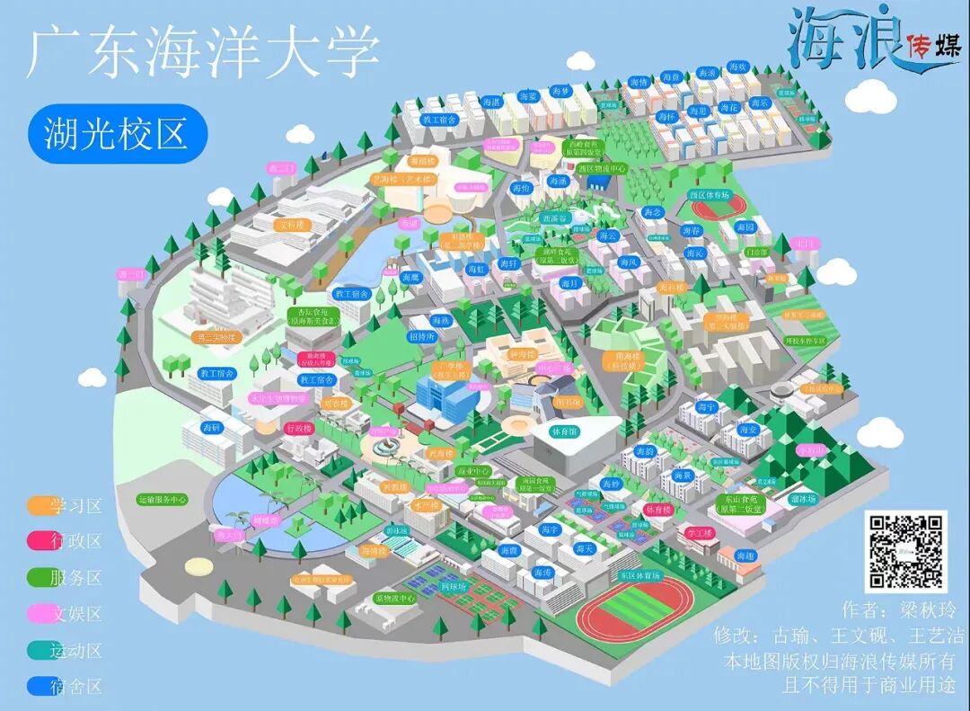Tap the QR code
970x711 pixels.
point(905,551)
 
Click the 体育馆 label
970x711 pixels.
point(565,431)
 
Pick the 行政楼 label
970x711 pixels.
point(298,429)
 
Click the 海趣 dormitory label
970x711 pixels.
point(745,557)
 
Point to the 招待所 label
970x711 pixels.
point(421,337)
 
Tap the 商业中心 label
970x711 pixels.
point(473,471)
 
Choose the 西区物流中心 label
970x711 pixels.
point(601,168)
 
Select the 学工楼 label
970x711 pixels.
point(698,533)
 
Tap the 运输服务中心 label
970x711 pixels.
point(163,499)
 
